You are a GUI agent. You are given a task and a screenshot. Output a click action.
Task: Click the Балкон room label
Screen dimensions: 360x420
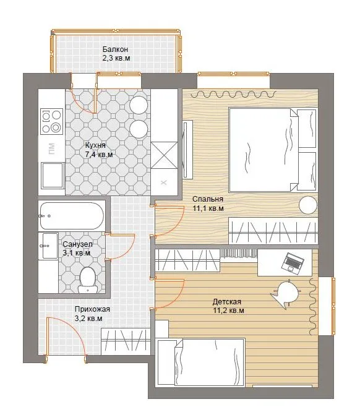[115, 49]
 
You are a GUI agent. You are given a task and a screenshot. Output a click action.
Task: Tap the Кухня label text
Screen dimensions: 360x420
[95, 145]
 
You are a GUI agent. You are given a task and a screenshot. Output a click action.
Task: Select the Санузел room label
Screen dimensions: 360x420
[77, 244]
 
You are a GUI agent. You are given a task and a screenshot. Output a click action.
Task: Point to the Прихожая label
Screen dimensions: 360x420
[92, 309]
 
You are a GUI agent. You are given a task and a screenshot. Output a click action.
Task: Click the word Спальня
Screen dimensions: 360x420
[208, 199]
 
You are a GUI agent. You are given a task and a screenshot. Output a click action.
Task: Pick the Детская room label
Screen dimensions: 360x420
[227, 302]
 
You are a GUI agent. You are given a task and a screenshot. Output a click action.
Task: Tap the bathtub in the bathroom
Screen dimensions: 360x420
[71, 216]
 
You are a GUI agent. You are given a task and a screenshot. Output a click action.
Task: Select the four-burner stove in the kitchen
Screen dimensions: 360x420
[52, 121]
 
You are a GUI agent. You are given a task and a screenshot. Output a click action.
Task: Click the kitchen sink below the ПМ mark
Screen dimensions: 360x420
[53, 176]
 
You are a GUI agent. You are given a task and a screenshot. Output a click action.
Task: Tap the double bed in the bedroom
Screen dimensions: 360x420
[272, 150]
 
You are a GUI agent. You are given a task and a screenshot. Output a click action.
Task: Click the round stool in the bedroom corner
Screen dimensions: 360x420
[308, 205]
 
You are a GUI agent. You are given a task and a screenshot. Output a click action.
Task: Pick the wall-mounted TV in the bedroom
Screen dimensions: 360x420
[188, 149]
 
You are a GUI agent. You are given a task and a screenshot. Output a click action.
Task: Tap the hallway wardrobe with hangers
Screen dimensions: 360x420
[126, 341]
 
